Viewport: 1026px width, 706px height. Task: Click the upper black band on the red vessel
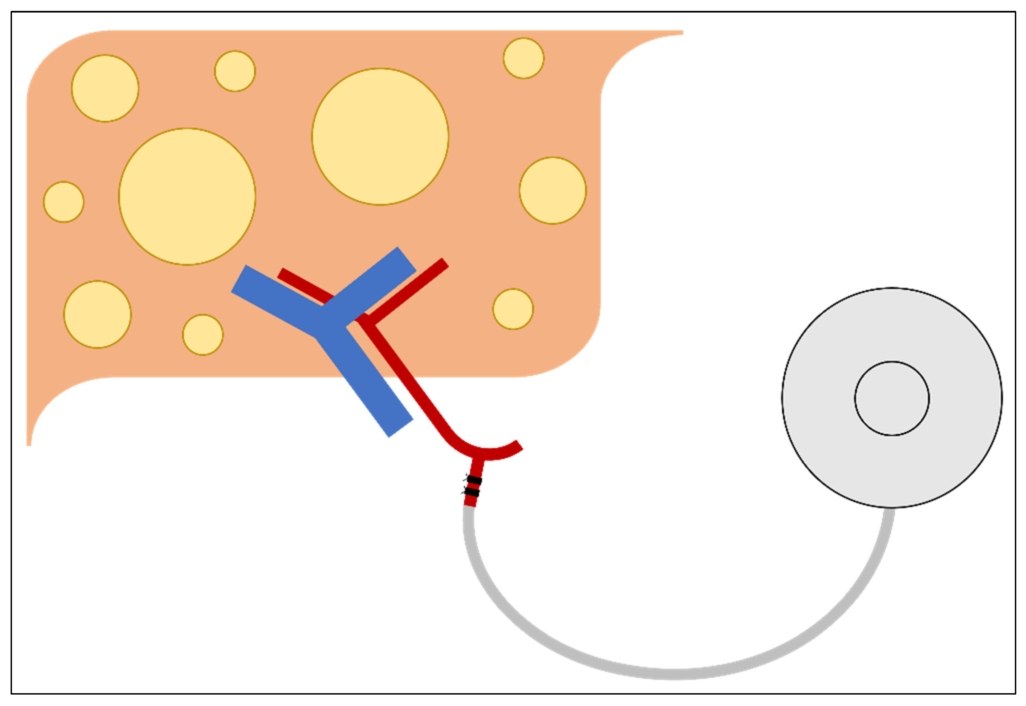(474, 480)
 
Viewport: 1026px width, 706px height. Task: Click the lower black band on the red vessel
(472, 492)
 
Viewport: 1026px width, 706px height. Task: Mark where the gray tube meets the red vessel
(469, 507)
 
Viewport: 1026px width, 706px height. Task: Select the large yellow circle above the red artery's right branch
(380, 137)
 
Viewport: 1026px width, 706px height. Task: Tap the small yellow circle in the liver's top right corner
(524, 59)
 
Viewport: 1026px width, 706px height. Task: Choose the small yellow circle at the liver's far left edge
(64, 202)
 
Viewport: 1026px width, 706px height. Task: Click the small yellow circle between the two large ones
(235, 71)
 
